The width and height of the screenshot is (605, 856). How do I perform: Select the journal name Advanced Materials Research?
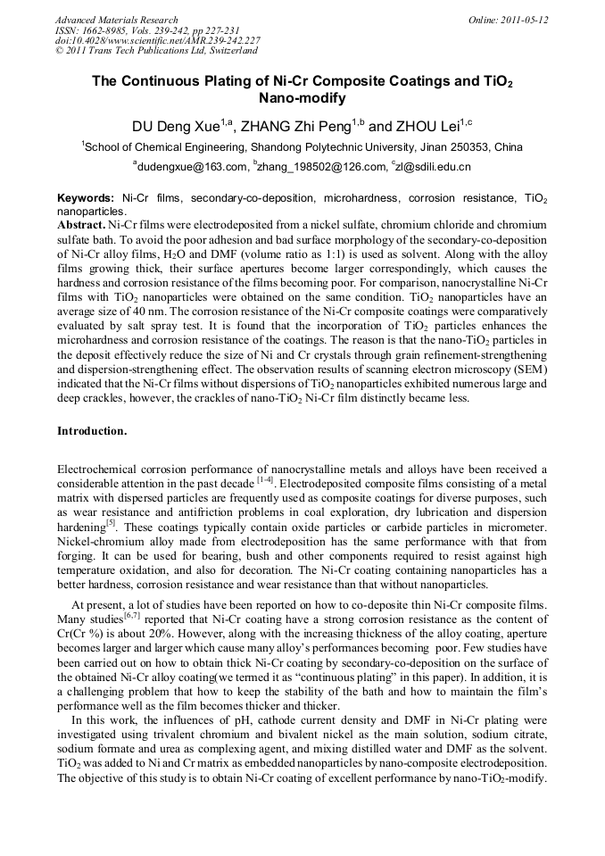116,20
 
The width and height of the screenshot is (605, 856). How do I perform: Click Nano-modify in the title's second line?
302,99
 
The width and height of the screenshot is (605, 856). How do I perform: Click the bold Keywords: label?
86,197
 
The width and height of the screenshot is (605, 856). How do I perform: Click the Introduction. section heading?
92,431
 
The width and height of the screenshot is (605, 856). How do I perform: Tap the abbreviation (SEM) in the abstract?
530,370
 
